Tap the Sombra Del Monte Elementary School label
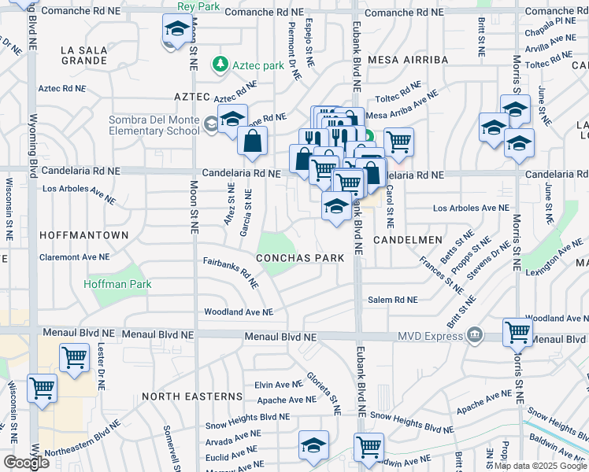154,125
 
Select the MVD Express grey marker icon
474,336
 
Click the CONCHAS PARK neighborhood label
300,258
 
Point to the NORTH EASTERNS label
193,396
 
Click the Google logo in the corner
26,462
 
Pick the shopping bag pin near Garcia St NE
253,142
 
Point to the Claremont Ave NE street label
76,257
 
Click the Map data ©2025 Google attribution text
540,466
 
